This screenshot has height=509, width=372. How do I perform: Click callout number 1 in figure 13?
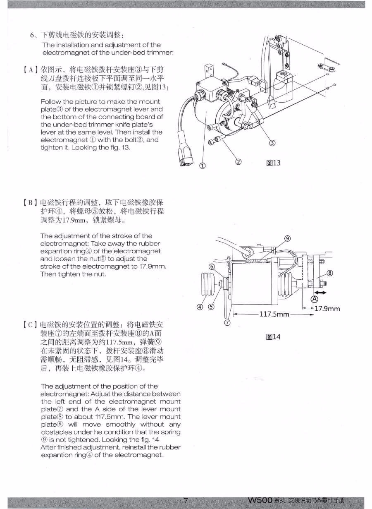pos(203,166)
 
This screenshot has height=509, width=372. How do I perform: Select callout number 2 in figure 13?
pos(238,161)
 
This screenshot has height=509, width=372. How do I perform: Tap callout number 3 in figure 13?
pos(272,143)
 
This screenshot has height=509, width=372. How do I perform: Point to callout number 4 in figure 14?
pos(200,307)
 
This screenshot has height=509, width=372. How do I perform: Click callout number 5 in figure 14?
pos(211,307)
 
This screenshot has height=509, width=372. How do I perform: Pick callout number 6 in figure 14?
pos(212,267)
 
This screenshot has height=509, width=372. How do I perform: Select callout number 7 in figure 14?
pos(227,322)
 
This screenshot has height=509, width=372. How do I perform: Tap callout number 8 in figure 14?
pos(330,273)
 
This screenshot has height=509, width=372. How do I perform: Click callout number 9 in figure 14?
pos(288,238)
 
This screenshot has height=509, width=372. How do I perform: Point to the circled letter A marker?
pos(315,299)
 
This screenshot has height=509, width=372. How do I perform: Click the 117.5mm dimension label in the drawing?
pos(274,314)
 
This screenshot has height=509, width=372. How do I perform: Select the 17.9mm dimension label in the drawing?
pos(327,309)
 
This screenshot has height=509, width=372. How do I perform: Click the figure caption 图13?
pos(274,163)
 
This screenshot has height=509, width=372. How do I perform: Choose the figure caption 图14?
pos(273,337)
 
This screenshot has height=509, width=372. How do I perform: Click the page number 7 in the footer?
pos(186,500)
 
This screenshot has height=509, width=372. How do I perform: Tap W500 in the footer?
pos(260,500)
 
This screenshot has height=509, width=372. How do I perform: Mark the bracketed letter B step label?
pos(30,202)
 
